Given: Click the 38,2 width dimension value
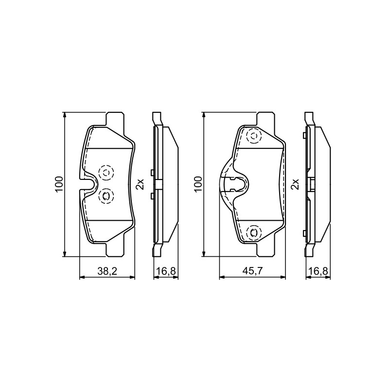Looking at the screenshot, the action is coord(107,271).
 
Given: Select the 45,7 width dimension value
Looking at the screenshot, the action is coord(252,271).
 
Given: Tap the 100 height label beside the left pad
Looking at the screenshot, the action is coord(59,184).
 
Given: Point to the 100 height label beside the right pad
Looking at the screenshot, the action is coord(198,184).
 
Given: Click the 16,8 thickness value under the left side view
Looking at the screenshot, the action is coord(166,271).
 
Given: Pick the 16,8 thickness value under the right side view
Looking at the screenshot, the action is coord(318,271).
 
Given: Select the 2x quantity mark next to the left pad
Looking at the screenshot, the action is coord(140,184).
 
